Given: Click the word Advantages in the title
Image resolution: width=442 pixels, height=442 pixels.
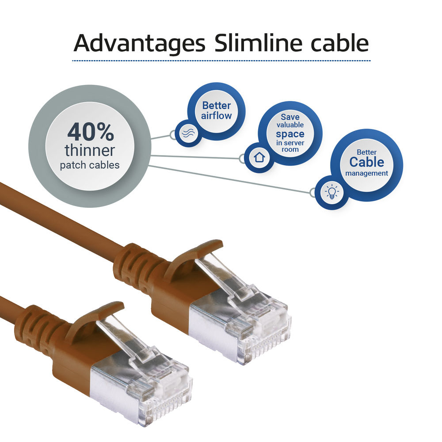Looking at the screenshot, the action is pyautogui.click(x=139, y=43).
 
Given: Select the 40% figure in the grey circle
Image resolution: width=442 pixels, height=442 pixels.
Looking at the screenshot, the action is pyautogui.click(x=91, y=132).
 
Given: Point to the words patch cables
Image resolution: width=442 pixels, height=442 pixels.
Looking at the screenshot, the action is pyautogui.click(x=90, y=165).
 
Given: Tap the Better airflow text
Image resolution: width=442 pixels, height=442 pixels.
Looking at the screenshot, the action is pyautogui.click(x=217, y=110).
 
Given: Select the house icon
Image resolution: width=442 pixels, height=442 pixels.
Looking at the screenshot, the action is pyautogui.click(x=259, y=157).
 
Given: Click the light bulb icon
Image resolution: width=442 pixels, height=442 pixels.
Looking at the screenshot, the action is pyautogui.click(x=332, y=192).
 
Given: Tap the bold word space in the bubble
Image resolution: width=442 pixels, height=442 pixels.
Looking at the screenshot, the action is pyautogui.click(x=290, y=134).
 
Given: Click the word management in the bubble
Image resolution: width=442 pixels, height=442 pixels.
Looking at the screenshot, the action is pyautogui.click(x=367, y=173).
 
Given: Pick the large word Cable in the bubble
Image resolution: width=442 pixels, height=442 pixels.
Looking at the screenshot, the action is pyautogui.click(x=367, y=162).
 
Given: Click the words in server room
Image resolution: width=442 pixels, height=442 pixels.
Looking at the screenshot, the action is pyautogui.click(x=290, y=146).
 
